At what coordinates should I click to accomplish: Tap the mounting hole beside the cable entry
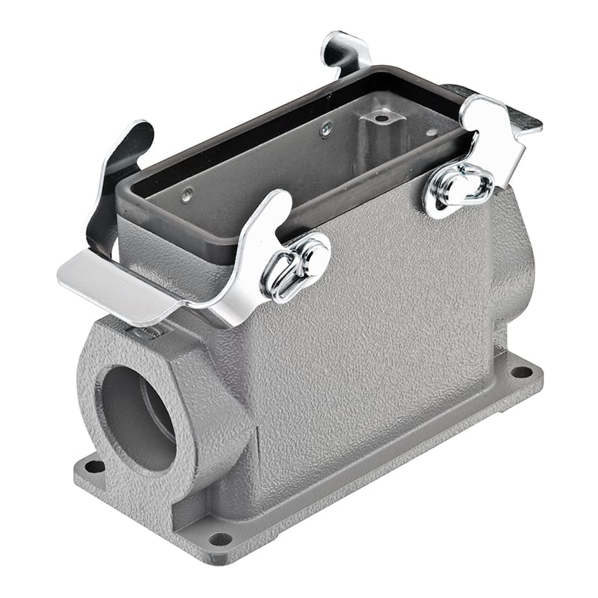click(95, 466)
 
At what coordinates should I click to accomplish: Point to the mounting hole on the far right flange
click(521, 372)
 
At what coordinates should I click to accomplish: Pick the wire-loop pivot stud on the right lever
click(458, 187)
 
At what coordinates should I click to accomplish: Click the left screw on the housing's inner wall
click(186, 196)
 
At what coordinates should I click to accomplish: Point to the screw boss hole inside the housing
click(381, 118)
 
